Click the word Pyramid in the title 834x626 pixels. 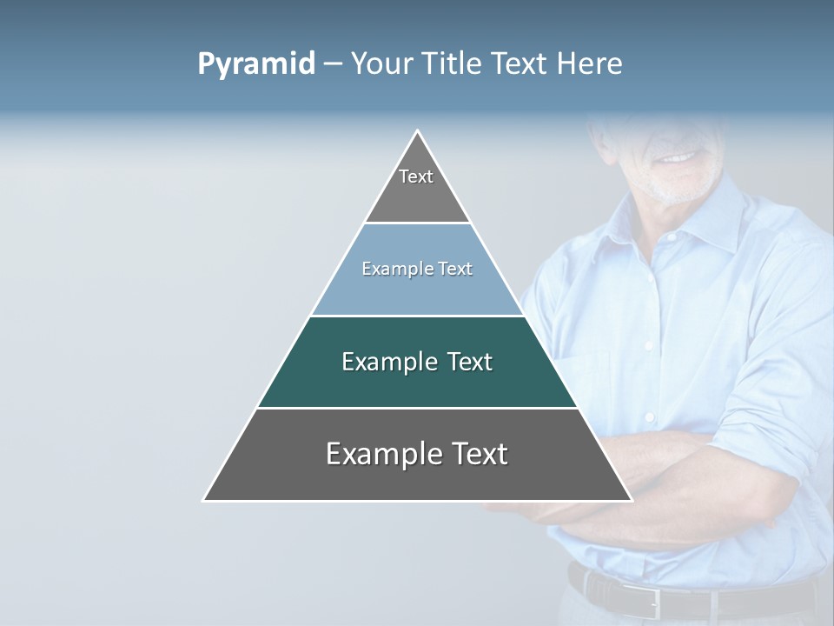(256, 64)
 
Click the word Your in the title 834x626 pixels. (382, 63)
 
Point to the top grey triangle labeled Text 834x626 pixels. (417, 187)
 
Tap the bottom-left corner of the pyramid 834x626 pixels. (205, 499)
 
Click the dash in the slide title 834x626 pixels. (333, 64)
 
